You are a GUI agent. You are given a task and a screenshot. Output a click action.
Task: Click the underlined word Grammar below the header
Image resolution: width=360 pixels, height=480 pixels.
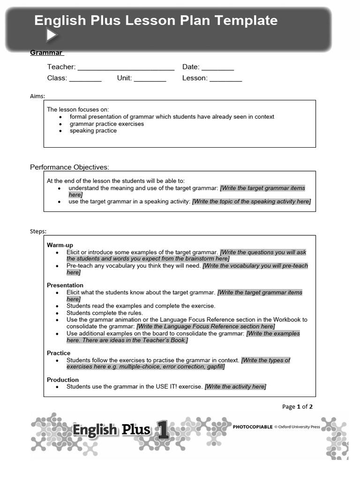tap(46, 52)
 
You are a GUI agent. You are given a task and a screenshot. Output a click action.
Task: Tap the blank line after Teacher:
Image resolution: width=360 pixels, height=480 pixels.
tap(126, 67)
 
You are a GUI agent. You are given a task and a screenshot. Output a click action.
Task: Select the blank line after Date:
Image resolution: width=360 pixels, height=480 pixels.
tap(217, 67)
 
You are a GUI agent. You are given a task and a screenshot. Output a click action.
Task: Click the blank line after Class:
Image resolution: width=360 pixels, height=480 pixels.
tap(85, 78)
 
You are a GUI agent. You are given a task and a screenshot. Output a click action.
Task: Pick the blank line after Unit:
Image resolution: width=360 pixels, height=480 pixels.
tap(150, 78)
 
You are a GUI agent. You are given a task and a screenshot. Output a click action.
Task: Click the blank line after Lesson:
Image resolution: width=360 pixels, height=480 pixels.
tap(225, 78)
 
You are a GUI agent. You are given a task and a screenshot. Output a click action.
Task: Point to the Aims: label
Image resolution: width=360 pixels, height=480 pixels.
tap(37, 96)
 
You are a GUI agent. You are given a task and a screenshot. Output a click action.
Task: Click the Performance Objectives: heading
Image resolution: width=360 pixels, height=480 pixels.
tap(69, 167)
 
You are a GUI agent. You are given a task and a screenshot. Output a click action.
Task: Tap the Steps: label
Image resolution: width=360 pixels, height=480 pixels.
tap(38, 231)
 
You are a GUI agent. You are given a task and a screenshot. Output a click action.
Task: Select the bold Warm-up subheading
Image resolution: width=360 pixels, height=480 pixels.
tap(60, 245)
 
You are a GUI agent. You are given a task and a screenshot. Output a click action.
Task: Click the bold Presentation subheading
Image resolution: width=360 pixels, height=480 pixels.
tap(65, 285)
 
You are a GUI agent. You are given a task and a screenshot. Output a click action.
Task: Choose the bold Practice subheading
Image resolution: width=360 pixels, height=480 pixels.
tap(59, 353)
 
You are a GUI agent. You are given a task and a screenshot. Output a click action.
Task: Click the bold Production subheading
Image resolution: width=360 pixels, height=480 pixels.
tap(63, 380)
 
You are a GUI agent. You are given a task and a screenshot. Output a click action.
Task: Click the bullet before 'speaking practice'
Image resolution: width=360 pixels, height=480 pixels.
tap(61, 131)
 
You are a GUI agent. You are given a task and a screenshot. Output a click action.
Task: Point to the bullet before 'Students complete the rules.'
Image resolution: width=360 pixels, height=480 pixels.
tap(57, 313)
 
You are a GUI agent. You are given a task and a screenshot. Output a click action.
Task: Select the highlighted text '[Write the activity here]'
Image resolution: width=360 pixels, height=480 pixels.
tap(235, 387)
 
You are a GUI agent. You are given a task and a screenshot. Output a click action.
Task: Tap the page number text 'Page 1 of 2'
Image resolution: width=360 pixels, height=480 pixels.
tap(297, 406)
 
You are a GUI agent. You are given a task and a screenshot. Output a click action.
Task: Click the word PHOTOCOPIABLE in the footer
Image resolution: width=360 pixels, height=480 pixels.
tap(253, 427)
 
